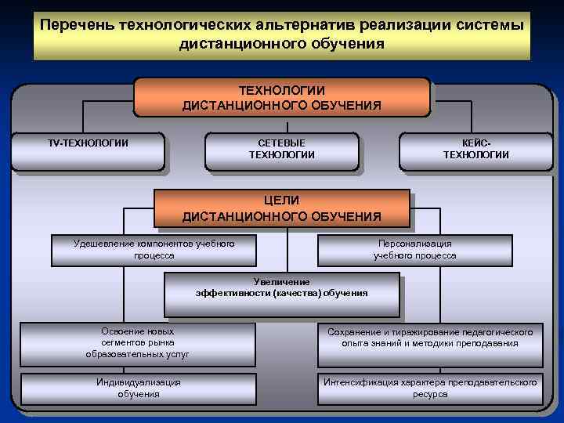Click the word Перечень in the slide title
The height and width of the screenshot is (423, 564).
point(77,24)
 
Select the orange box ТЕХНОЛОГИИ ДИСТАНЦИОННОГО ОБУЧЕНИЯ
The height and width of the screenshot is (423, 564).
point(282,97)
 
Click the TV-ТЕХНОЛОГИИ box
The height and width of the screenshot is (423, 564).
point(88,151)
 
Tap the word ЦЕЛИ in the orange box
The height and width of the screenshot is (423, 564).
point(281,201)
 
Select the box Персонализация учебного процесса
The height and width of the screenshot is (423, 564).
point(414,250)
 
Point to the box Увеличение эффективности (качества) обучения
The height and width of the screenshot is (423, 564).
point(282,291)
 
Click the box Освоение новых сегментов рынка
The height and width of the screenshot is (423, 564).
point(138,343)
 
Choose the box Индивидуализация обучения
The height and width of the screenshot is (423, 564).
point(139,388)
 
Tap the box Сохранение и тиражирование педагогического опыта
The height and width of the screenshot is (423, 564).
point(429,343)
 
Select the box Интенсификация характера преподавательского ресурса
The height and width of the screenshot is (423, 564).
point(429,388)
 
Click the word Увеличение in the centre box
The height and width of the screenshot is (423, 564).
point(282,281)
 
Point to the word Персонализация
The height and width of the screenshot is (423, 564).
point(414,244)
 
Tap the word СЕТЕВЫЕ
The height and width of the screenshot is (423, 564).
point(282,143)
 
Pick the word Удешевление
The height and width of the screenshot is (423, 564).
point(101,244)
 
